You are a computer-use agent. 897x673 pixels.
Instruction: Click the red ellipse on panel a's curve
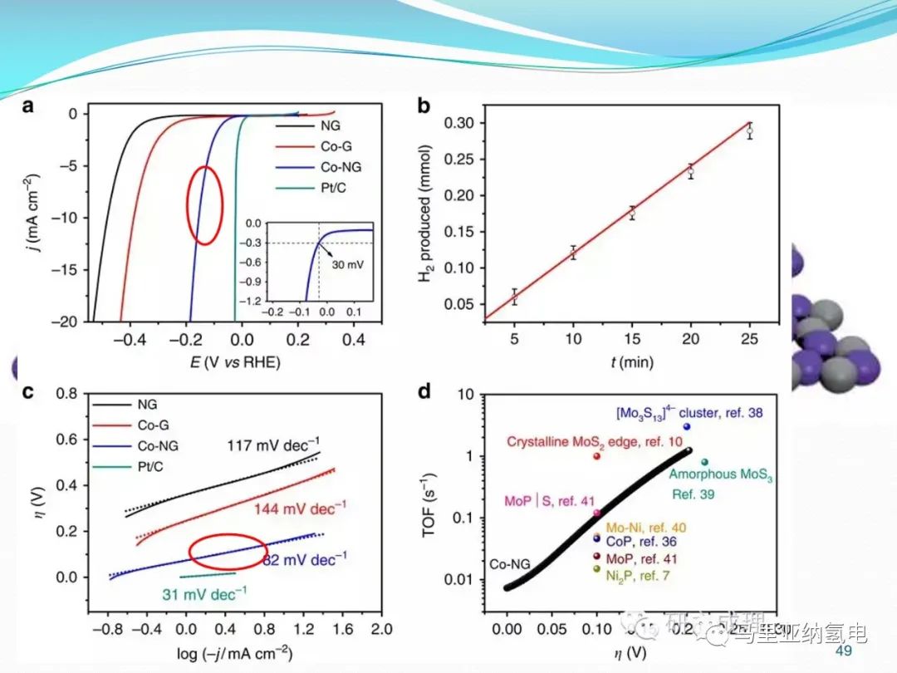tap(203, 204)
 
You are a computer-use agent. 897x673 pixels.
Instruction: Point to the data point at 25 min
tap(749, 130)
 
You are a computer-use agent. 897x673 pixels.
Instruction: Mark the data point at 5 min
tap(514, 297)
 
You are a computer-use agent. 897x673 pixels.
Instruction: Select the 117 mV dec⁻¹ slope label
tap(273, 445)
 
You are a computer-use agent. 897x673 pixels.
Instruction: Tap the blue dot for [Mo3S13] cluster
tap(687, 426)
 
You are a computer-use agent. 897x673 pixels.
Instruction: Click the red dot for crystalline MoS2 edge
tap(596, 456)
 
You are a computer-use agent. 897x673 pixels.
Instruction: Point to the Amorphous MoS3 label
tap(721, 474)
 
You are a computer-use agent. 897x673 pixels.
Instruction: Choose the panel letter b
tap(424, 106)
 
